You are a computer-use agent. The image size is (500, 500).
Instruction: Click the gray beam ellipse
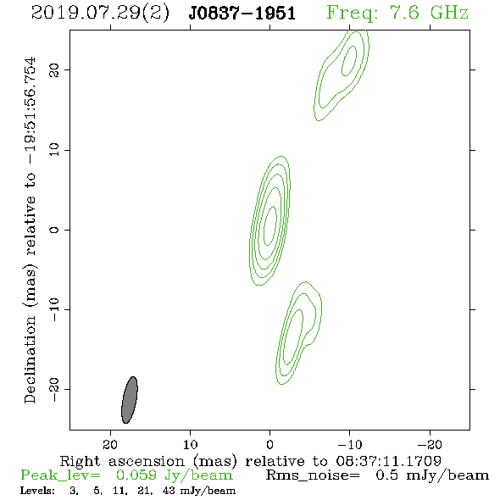pyautogui.click(x=130, y=400)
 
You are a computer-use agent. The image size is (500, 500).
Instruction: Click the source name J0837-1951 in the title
pyautogui.click(x=242, y=14)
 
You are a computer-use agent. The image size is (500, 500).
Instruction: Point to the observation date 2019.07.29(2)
pyautogui.click(x=100, y=14)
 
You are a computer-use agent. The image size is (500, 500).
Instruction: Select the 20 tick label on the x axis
pyautogui.click(x=110, y=445)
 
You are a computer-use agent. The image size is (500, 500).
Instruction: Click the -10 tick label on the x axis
pyautogui.click(x=349, y=445)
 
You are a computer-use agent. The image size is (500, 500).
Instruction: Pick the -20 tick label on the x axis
pyautogui.click(x=430, y=445)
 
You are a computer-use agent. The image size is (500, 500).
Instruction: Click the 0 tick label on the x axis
pyautogui.click(x=269, y=445)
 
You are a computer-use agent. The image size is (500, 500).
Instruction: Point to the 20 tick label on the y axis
pyautogui.click(x=54, y=70)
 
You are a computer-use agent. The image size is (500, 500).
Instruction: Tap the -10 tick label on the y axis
pyautogui.click(x=54, y=309)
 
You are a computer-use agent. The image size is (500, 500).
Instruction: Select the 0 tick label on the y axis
pyautogui.click(x=54, y=230)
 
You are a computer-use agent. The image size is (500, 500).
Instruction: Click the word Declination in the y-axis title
pyautogui.click(x=30, y=359)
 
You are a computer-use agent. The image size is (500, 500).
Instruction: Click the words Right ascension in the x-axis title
pyautogui.click(x=122, y=461)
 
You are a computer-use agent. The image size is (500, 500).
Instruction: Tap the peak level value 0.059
pyautogui.click(x=136, y=475)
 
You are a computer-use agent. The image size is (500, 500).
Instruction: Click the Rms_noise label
pyautogui.click(x=313, y=475)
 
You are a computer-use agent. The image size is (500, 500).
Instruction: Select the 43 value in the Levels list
pyautogui.click(x=169, y=490)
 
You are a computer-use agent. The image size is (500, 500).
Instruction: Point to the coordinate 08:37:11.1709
pyautogui.click(x=388, y=461)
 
